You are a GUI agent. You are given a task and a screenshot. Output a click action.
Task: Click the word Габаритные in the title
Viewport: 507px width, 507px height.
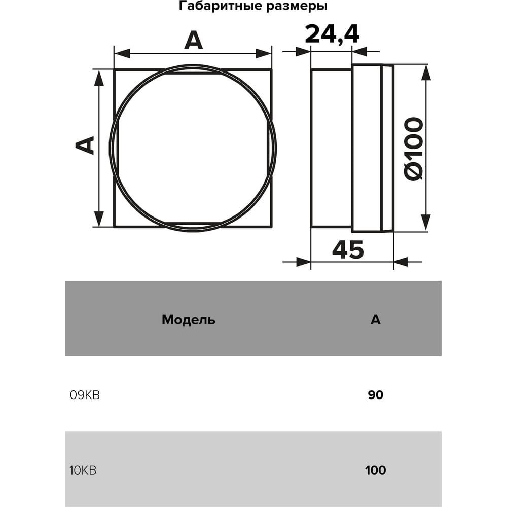click(x=221, y=6)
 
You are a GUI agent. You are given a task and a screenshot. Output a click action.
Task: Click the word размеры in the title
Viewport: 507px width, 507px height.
click(x=297, y=7)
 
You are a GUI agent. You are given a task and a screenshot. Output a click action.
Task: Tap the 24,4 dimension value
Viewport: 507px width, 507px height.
click(x=332, y=34)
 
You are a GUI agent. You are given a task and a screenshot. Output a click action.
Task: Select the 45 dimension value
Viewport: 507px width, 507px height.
click(x=348, y=249)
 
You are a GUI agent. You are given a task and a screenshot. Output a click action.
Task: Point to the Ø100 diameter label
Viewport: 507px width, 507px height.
click(x=414, y=149)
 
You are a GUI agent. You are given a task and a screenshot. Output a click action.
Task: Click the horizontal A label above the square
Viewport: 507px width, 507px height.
click(x=193, y=41)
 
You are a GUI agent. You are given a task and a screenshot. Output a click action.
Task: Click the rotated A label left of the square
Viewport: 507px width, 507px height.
click(x=84, y=145)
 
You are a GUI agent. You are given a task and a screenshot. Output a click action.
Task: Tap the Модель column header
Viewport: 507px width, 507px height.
click(x=189, y=320)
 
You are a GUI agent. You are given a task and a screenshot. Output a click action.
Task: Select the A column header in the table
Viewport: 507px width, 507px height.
click(x=375, y=319)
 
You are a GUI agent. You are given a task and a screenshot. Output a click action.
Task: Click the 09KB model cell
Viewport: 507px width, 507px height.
click(x=85, y=395)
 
